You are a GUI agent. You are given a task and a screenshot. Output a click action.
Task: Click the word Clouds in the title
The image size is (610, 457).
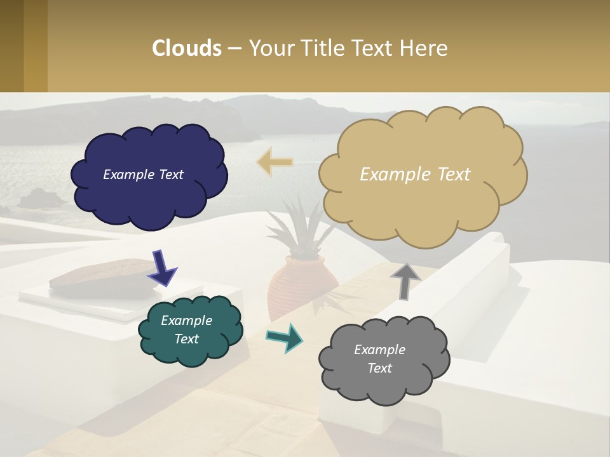(x=187, y=48)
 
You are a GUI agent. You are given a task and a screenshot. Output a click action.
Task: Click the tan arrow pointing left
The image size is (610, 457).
(x=274, y=162)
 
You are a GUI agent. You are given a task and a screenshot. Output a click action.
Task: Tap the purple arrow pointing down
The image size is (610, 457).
(x=162, y=268)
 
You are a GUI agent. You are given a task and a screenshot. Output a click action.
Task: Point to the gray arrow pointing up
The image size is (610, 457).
(x=405, y=280)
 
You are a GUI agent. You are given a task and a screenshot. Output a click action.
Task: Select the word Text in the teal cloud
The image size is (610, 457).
(x=186, y=339)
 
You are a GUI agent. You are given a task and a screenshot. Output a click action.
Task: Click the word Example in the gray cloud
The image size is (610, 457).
(x=379, y=350)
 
